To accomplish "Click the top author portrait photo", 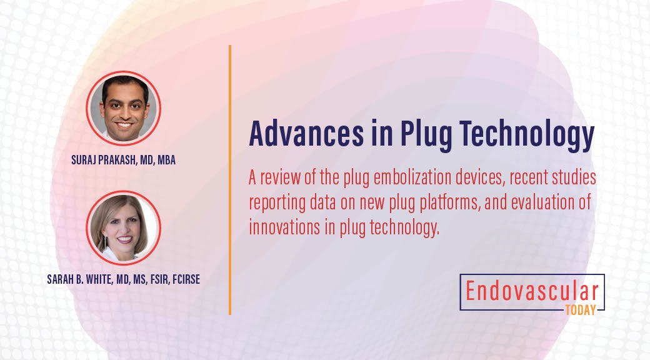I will (123, 107).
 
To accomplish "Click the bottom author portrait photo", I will (123, 227).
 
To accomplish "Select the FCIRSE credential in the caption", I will (182, 279).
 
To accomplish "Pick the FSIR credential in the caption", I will (148, 279).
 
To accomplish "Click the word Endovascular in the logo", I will (532, 292).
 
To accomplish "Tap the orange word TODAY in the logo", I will (580, 309).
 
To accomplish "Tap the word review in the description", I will (282, 179).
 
